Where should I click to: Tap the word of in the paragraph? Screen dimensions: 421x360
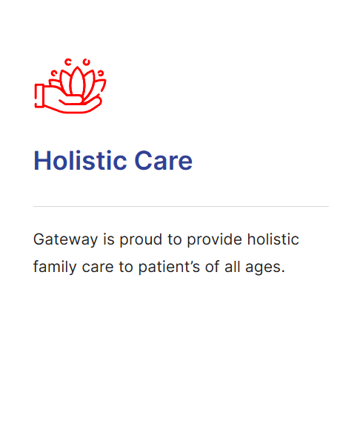tap(213, 267)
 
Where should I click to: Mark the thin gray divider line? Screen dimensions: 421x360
tap(181, 206)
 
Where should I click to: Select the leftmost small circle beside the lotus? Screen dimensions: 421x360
tap(54, 72)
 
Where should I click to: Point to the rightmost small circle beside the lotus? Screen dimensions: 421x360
tap(101, 72)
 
